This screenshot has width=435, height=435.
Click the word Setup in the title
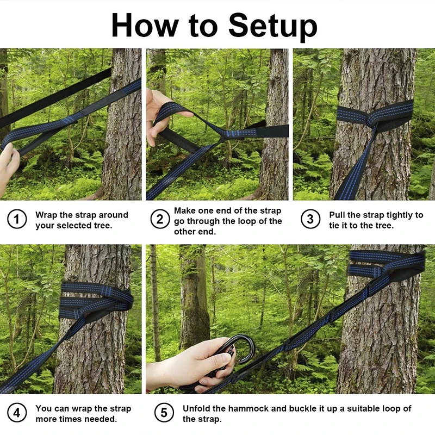(x=272, y=26)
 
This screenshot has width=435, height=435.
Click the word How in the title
(x=145, y=25)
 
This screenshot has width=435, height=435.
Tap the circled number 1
(x=17, y=220)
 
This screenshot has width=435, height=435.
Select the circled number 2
(x=160, y=219)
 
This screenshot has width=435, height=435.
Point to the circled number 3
(x=310, y=219)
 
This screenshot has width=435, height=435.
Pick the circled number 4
(x=17, y=413)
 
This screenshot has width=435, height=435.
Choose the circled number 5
(x=164, y=413)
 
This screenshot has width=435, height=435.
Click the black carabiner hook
(x=239, y=350)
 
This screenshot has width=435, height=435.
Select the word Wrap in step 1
(x=46, y=215)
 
